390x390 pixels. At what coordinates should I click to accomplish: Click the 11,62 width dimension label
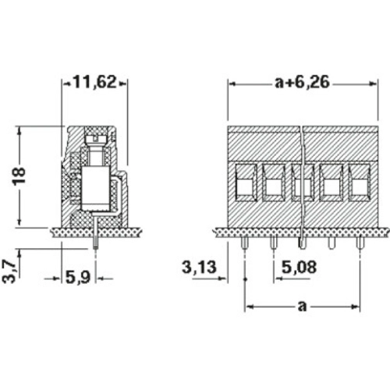(94, 82)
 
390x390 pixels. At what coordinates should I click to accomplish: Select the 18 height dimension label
(19, 176)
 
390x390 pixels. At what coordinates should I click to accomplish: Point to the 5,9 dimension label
(78, 277)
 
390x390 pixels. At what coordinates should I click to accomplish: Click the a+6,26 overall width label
(303, 82)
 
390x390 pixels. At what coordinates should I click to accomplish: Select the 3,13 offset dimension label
(199, 268)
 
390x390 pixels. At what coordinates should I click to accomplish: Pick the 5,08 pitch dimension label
(300, 268)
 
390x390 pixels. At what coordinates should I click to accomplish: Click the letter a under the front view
(302, 307)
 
